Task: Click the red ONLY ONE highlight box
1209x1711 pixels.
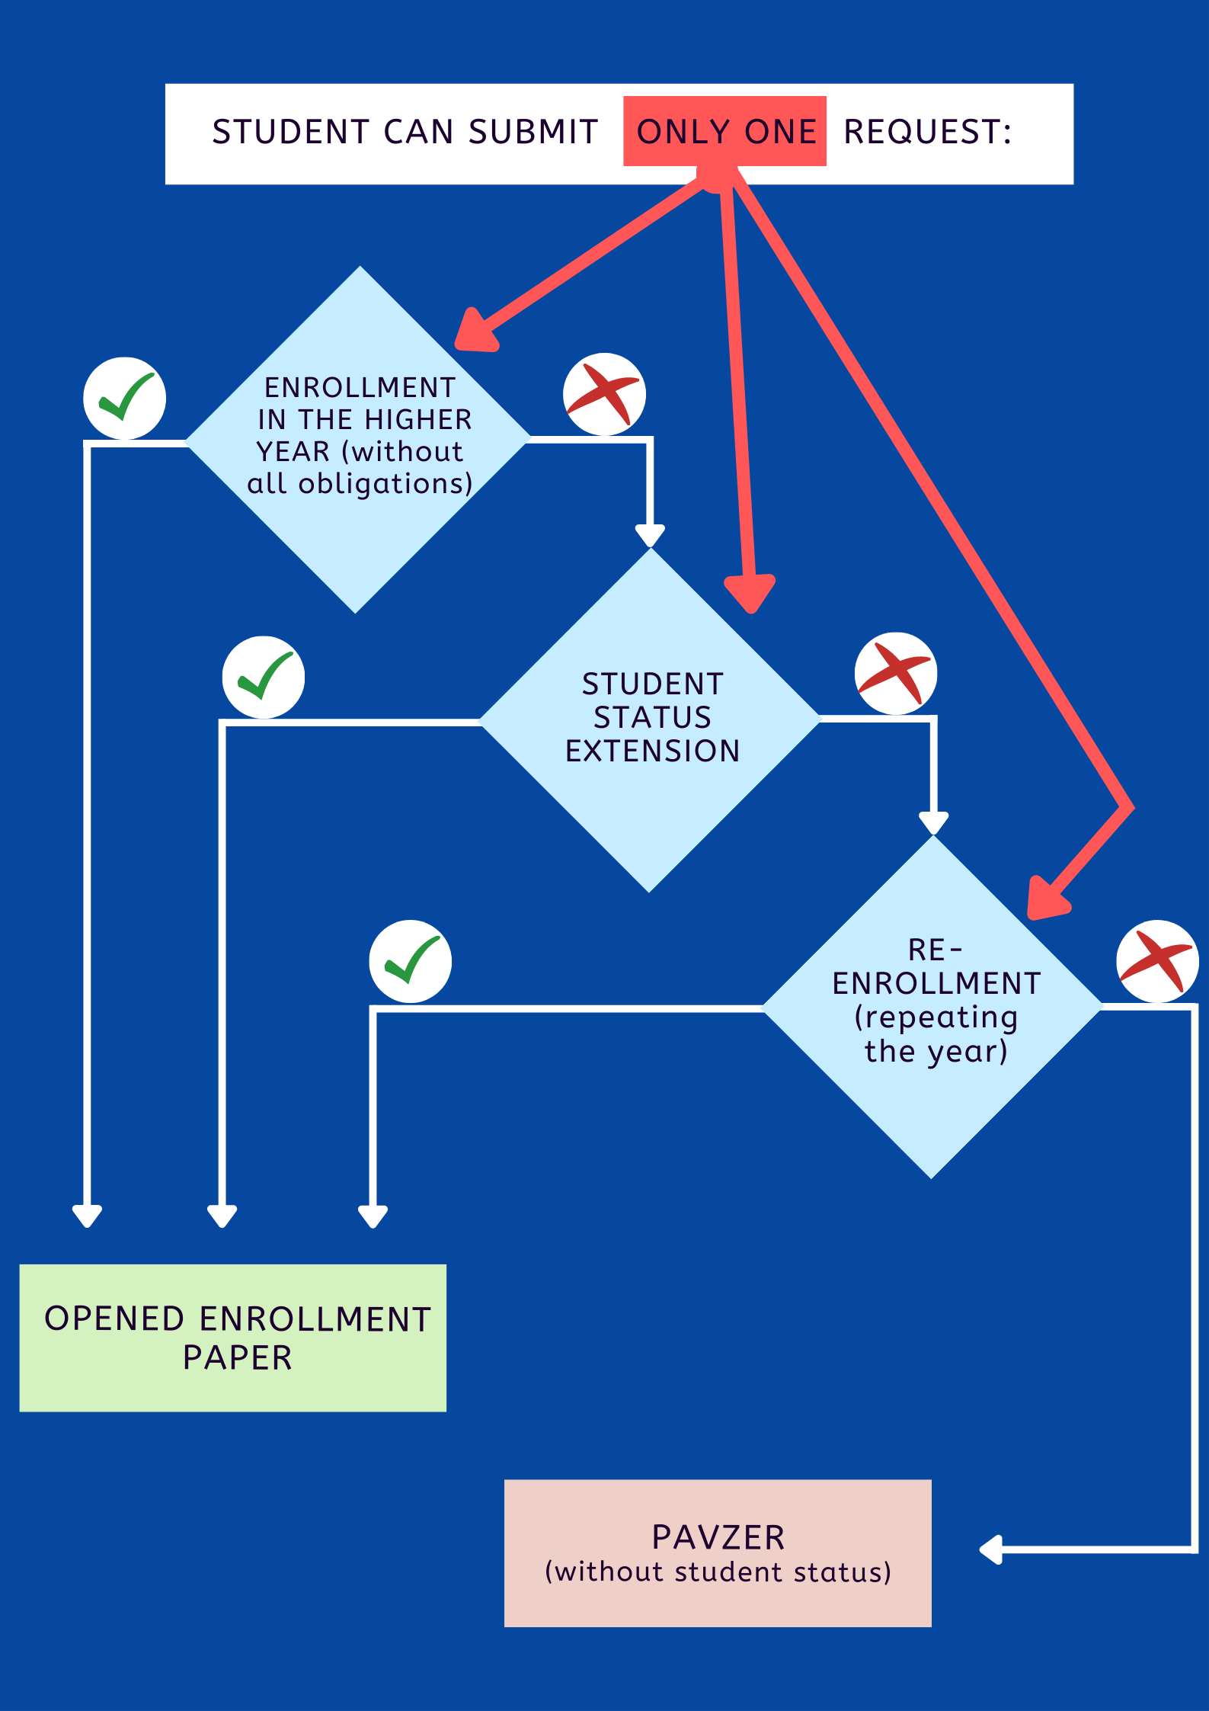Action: click(x=724, y=131)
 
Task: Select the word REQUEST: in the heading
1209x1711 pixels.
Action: click(x=927, y=132)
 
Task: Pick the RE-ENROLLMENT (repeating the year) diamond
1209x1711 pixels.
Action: click(x=933, y=1006)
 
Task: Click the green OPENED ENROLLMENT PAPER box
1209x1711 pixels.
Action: click(x=233, y=1338)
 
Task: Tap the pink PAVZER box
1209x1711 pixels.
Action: click(x=718, y=1552)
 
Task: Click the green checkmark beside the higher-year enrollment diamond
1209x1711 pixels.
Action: click(x=124, y=398)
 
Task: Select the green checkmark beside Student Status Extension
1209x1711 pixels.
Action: click(x=264, y=677)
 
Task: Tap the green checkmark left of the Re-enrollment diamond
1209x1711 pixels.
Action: click(x=411, y=961)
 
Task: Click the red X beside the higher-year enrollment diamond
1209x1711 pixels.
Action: click(x=604, y=394)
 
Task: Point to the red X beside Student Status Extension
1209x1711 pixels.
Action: click(x=896, y=673)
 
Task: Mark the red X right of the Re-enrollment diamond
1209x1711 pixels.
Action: click(x=1157, y=961)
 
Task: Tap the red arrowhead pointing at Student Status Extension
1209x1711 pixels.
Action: click(x=750, y=593)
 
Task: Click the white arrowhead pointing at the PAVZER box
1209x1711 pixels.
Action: click(x=990, y=1549)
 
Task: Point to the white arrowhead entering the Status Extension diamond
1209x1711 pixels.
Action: click(x=650, y=535)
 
